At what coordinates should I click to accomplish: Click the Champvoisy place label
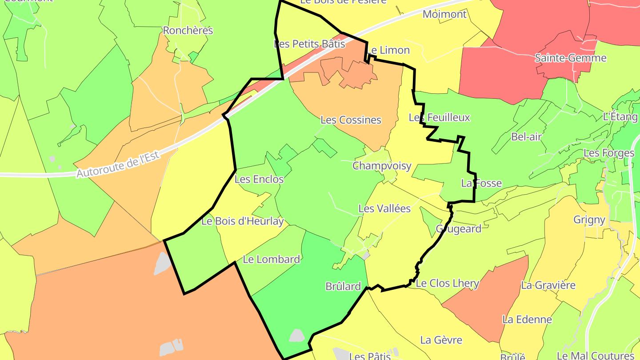coord(382,166)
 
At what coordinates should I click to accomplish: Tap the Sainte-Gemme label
coord(570,58)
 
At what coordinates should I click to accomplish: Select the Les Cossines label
coord(351,120)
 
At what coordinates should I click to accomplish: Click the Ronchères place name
coord(188,31)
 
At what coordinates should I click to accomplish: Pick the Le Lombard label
coord(272,259)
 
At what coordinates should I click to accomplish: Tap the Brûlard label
coord(343,287)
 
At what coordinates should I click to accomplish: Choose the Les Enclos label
coord(259,180)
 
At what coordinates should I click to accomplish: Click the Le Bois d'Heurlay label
coord(242,221)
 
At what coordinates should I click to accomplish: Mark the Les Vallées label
coord(384,208)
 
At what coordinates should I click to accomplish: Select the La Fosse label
coord(481,183)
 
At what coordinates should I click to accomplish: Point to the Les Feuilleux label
coord(439,117)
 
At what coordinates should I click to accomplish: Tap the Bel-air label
coord(526,136)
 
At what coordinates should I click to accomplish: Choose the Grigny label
coord(589,220)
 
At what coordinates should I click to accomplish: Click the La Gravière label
coord(548,285)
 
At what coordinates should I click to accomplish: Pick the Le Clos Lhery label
coord(447,283)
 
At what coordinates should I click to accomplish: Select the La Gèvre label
coord(441,340)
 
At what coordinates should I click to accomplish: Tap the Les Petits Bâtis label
coord(309,44)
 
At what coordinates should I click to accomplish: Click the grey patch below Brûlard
coord(297,335)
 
